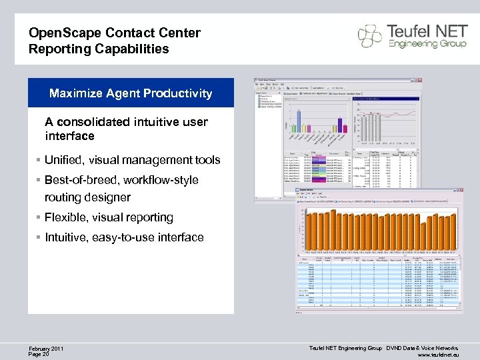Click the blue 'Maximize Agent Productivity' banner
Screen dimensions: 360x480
131,93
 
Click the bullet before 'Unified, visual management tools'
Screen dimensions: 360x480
39,160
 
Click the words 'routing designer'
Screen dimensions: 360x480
87,197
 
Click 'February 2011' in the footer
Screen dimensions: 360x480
46,349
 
